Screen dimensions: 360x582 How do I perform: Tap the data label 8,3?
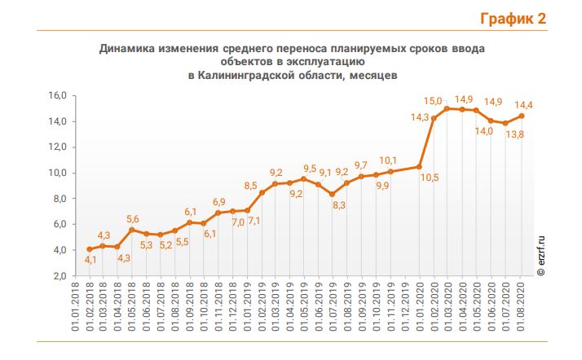tap(339, 206)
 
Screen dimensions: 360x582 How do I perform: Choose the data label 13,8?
tap(514, 134)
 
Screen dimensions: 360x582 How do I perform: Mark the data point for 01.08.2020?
tap(521, 116)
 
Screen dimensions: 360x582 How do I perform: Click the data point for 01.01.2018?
tap(89, 249)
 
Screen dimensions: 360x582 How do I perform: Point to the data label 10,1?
tap(389, 160)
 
